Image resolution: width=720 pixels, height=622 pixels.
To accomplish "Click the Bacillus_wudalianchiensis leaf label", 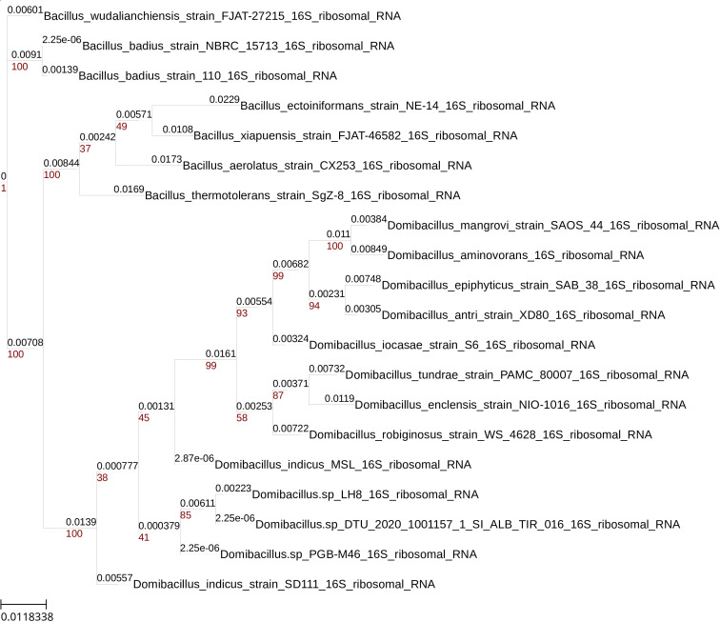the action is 222,16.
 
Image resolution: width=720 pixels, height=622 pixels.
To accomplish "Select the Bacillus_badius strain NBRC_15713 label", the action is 238,46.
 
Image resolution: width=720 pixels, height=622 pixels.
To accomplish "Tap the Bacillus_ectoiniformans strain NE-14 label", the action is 398,106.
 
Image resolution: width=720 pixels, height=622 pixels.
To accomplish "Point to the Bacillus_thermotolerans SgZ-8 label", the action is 303,195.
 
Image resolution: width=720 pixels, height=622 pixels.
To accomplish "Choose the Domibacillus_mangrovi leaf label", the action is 553,225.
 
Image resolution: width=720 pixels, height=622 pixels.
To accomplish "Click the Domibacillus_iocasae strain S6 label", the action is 452,345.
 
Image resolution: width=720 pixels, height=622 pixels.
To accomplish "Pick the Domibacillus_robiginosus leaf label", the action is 481,434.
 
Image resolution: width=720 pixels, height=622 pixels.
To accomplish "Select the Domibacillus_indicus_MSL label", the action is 343,465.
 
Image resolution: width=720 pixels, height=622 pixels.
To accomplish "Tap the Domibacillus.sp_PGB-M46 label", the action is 349,554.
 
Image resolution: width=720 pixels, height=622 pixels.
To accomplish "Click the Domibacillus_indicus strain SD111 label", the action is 284,584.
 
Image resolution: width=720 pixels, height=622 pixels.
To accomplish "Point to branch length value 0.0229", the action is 224,99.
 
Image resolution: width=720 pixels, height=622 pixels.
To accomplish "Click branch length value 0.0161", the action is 220,353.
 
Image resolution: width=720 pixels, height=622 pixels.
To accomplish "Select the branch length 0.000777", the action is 117,466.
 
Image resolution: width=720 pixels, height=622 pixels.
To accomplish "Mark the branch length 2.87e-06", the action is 194,458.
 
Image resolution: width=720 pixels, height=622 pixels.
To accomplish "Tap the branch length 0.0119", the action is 339,398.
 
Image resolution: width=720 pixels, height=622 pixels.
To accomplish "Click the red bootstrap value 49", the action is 121,127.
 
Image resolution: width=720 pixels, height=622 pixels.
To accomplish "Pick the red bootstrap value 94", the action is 314,306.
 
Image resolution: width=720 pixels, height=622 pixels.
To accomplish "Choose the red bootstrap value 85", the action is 186,515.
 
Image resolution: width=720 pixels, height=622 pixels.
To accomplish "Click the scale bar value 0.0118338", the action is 28,616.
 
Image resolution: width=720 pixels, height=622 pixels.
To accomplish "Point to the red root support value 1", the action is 4,189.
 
